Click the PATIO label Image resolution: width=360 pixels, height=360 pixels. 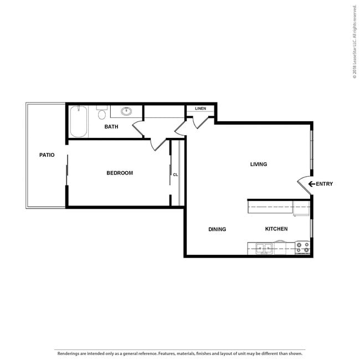pos(47,155)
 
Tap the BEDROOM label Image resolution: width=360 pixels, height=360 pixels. pos(120,173)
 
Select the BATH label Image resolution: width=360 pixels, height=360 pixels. pos(111,126)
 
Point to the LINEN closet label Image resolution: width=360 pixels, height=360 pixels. pos(200,109)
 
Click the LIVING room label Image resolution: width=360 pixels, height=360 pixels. pos(259,164)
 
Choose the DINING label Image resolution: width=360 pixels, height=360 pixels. pos(217,229)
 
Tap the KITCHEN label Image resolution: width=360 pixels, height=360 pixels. pos(276,229)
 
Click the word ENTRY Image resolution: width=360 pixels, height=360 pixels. pos(324,184)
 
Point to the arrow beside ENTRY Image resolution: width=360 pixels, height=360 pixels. pos(312,184)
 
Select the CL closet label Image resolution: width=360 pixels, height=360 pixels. pos(176,174)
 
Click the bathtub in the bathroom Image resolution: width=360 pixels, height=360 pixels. pos(79,121)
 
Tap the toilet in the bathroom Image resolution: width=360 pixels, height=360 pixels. pos(102,112)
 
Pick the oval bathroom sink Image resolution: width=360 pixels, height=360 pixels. pos(126,111)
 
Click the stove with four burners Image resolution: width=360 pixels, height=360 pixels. pos(302,247)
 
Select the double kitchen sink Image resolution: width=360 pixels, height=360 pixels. pos(264,249)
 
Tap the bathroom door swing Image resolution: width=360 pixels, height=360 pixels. pos(138,128)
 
